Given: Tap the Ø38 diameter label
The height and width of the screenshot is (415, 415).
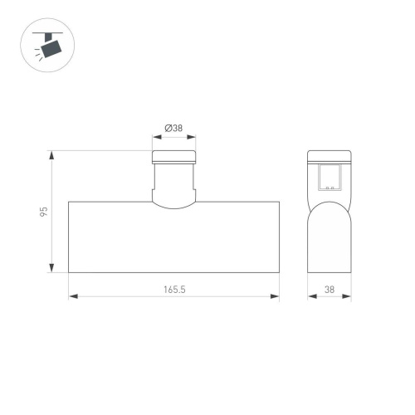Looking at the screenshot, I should coord(174,129).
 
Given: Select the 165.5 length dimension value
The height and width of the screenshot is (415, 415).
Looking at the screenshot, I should coord(174,289).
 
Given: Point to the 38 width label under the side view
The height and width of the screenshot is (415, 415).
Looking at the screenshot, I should coord(330,289).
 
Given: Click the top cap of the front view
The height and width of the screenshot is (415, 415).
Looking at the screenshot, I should coord(174,158).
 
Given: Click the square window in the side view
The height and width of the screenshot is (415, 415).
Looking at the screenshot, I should coord(330,177).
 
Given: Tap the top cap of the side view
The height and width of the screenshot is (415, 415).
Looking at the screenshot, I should coord(330,156).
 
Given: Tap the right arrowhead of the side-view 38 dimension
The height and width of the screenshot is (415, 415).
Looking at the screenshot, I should coord(348,297).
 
